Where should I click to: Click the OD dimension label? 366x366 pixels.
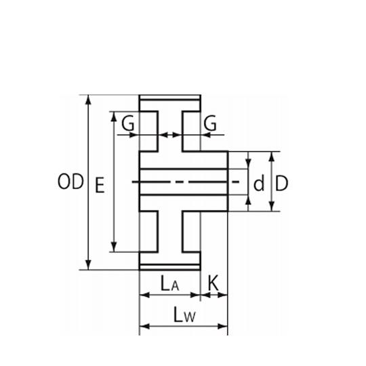coord(70,182)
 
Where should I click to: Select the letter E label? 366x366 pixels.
coord(100,185)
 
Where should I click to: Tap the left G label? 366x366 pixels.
coord(128,123)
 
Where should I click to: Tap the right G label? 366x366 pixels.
coord(210,123)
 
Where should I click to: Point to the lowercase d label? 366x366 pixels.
coord(259,183)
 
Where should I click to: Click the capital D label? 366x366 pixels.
coord(282,183)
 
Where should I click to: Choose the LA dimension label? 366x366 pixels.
coord(169,283)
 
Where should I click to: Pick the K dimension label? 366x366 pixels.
coord(213,283)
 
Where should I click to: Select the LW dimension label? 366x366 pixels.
coord(184,314)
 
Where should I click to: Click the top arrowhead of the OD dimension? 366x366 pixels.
coord(88,100)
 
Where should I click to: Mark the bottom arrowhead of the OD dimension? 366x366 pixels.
coord(88,265)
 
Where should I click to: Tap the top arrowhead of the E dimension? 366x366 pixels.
coord(114,117)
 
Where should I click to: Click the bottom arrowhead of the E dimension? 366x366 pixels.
coord(114,247)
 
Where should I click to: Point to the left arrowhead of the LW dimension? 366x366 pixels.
coord(144,326)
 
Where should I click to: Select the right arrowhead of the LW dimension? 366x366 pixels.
coord(223,326)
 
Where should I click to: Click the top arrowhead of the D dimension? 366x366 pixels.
coord(271,157)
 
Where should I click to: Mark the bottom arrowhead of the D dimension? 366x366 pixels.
coord(271,206)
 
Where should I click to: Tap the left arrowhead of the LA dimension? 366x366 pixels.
coord(144,295)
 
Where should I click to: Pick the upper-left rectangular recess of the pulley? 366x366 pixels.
coord(148,131)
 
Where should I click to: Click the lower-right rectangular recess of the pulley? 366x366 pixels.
coord(191,232)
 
